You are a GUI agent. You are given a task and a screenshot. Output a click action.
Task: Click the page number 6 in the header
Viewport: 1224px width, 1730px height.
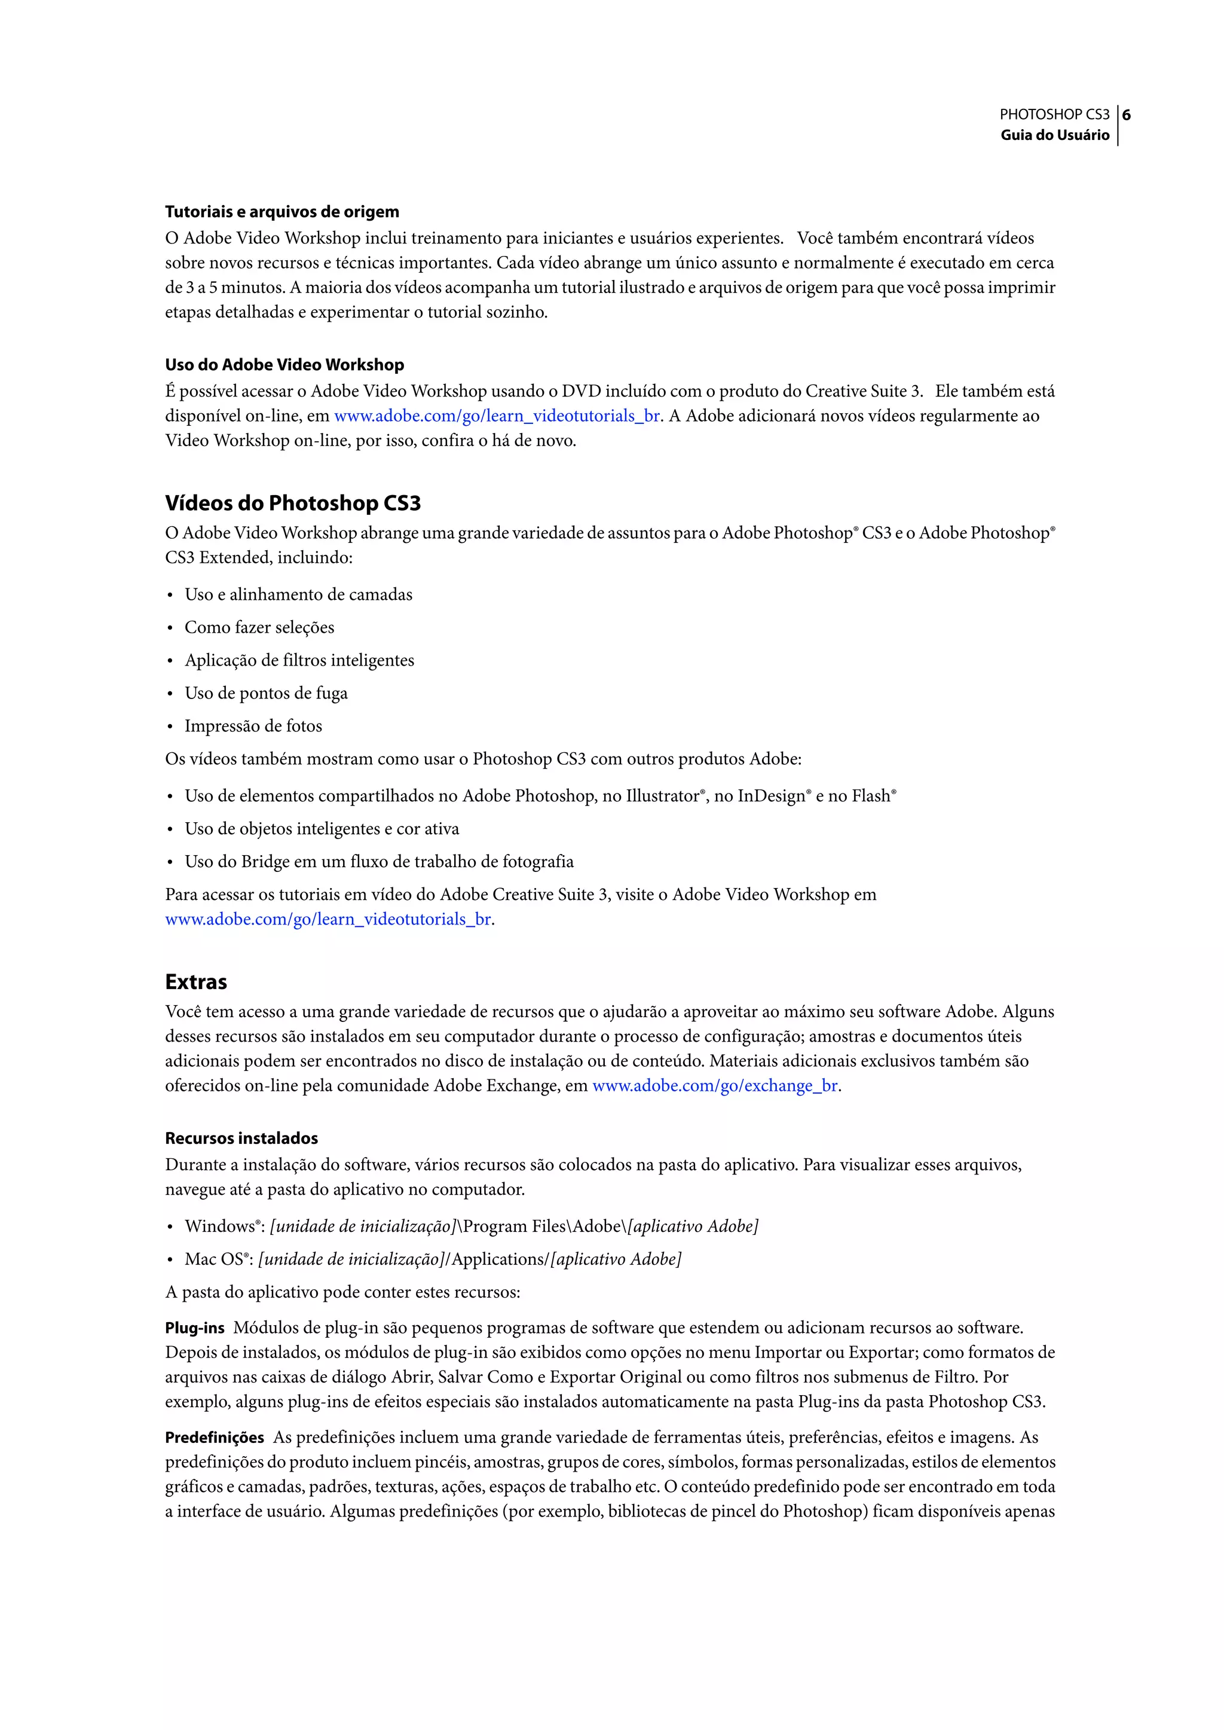(1126, 115)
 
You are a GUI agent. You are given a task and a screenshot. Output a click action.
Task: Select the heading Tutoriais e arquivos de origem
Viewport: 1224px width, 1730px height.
(282, 212)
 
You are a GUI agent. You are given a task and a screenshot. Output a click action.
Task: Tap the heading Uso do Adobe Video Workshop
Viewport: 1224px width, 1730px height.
(284, 365)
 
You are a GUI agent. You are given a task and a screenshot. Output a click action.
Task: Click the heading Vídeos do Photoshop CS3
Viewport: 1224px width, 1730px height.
(292, 503)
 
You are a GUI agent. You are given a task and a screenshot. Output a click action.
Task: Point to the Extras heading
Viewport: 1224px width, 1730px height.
(196, 982)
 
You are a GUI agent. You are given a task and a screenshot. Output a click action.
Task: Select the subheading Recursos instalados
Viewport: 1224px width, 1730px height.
(241, 1138)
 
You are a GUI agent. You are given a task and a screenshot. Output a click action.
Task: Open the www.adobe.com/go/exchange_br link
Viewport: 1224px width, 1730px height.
(715, 1086)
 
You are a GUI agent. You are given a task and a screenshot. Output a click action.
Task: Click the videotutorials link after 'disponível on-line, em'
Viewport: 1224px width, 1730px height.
(497, 416)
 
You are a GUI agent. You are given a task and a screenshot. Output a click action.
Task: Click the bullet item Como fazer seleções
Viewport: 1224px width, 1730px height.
(259, 627)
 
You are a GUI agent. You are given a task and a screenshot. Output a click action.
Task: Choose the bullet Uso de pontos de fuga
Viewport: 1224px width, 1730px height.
(266, 693)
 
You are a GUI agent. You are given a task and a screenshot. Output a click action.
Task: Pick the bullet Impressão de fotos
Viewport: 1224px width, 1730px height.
(253, 726)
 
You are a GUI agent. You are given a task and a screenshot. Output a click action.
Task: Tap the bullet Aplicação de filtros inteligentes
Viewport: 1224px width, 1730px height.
(299, 661)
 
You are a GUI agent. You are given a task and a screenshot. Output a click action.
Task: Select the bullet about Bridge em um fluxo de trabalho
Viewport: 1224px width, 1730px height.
(379, 862)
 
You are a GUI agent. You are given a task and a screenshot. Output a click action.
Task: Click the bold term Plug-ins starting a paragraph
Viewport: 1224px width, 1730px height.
(194, 1328)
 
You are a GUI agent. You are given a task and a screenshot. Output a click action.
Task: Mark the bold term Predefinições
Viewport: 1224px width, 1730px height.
(214, 1438)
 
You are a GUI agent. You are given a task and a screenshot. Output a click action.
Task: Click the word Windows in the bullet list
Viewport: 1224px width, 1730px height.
(219, 1227)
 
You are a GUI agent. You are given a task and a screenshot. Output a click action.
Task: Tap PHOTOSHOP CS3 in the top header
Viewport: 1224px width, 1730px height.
(1054, 115)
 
